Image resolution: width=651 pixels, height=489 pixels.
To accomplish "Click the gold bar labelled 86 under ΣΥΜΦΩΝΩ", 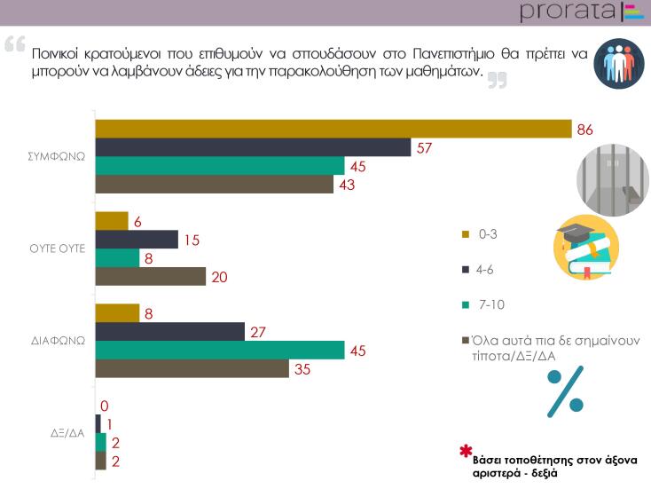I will (333, 130).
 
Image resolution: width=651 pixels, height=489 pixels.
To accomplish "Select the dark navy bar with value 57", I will (253, 147).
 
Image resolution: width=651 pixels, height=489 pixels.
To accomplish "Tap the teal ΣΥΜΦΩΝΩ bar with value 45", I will (219, 166).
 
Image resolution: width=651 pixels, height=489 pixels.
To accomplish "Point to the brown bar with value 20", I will (150, 276).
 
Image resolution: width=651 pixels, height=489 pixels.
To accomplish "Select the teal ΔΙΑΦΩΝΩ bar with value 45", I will (219, 350).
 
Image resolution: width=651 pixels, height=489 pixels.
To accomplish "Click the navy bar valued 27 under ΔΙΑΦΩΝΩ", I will (169, 331).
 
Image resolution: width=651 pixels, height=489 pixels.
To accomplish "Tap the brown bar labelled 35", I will (192, 368).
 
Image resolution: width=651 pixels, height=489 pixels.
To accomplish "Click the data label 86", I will (584, 130).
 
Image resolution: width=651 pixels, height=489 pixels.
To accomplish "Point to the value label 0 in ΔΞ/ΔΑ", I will (105, 406).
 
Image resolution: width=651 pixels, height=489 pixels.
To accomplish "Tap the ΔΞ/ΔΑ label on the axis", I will (67, 434).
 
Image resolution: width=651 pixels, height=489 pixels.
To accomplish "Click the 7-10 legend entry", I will (489, 304).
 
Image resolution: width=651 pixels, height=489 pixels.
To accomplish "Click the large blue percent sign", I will (564, 389).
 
